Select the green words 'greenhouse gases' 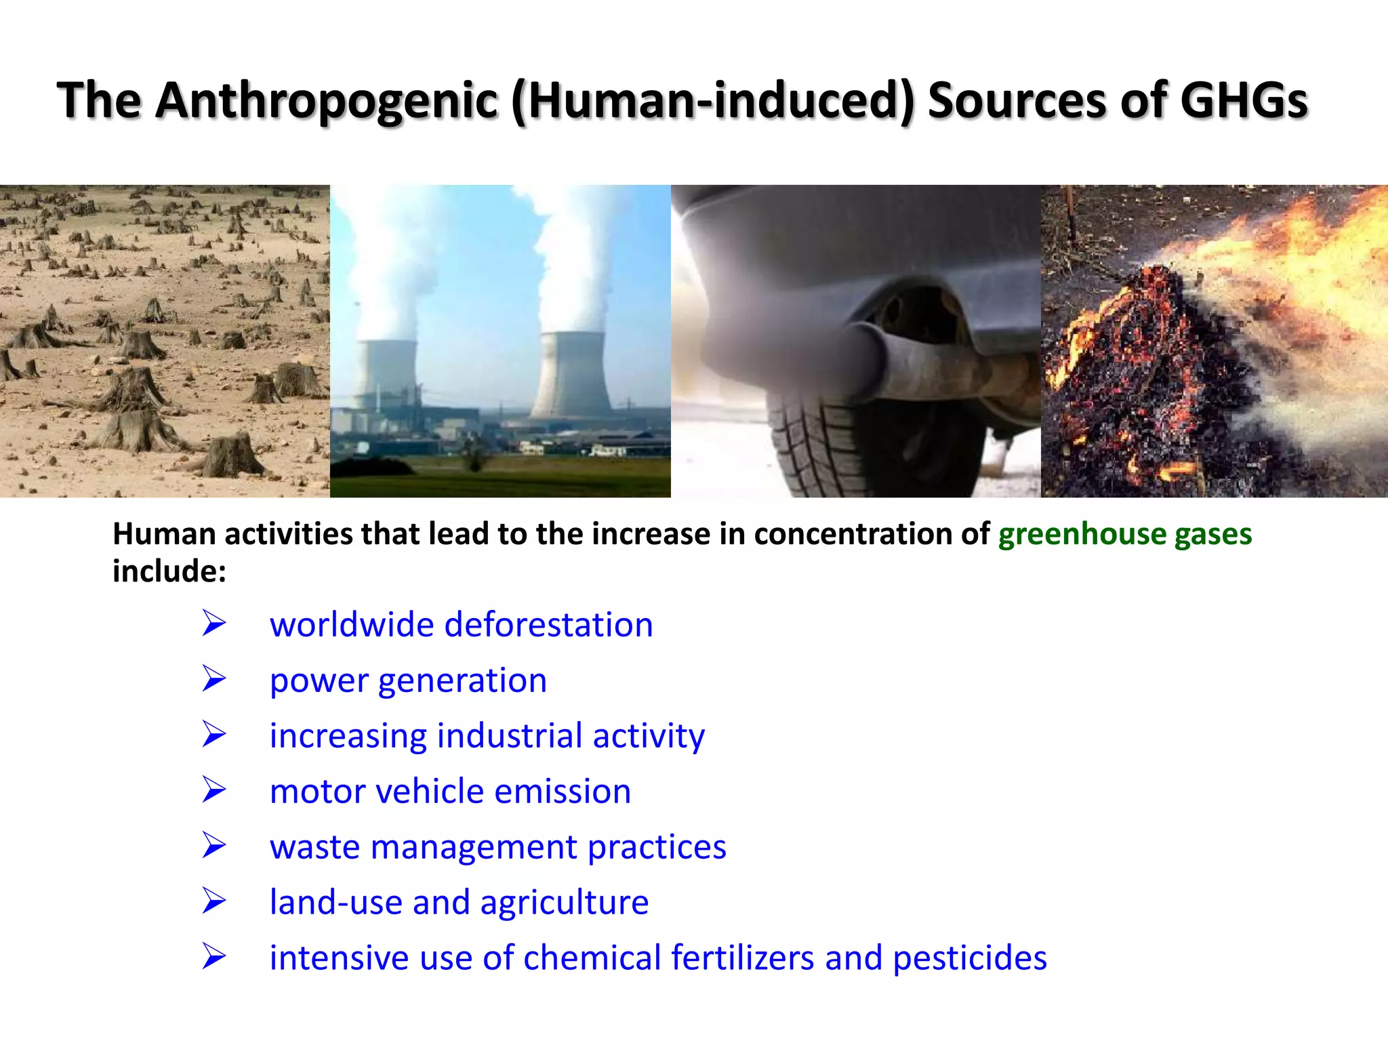coord(1124,534)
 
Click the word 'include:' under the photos coord(169,571)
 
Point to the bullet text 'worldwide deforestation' coord(461,624)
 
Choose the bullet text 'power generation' coord(408,680)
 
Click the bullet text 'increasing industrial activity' coord(487,735)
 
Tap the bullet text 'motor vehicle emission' coord(450,791)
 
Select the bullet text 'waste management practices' coord(497,846)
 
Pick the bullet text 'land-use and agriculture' coord(459,902)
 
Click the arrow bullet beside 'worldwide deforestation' coord(213,624)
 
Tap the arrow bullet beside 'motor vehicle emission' coord(213,790)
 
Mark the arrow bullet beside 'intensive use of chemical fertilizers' coord(213,957)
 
